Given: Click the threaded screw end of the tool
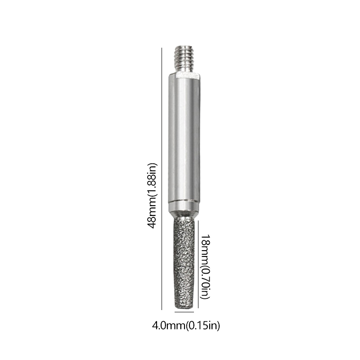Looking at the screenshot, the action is tap(184, 59).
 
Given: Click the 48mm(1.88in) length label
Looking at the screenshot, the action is tap(152, 196).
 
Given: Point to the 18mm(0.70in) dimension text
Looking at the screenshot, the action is tap(205, 266).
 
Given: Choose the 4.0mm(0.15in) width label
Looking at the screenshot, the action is tap(186, 325).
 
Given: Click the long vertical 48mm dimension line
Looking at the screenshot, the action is tap(162, 179).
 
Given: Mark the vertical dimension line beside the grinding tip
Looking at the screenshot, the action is tap(198, 264).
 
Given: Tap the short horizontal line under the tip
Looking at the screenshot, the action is tap(184, 312).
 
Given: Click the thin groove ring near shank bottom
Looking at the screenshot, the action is tap(184, 201).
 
